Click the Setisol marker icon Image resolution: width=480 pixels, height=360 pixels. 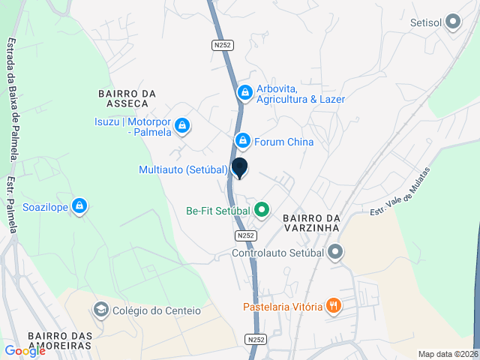(452, 22)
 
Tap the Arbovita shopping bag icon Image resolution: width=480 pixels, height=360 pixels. (244, 93)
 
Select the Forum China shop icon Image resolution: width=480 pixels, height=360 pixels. (242, 140)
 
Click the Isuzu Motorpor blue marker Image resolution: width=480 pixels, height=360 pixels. (182, 127)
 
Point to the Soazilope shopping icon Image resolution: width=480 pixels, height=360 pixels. (80, 206)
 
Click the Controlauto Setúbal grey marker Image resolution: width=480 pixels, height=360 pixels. (335, 252)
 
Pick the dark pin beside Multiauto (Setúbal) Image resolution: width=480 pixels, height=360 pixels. (239, 168)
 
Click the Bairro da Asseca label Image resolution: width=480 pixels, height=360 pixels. (127, 98)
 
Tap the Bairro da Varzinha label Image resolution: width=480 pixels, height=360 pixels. (312, 223)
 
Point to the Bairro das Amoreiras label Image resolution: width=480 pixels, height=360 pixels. (59, 340)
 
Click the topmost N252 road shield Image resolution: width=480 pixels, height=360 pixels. (223, 45)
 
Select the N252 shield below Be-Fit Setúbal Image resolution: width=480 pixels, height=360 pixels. (245, 235)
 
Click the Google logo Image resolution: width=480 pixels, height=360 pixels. (25, 350)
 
